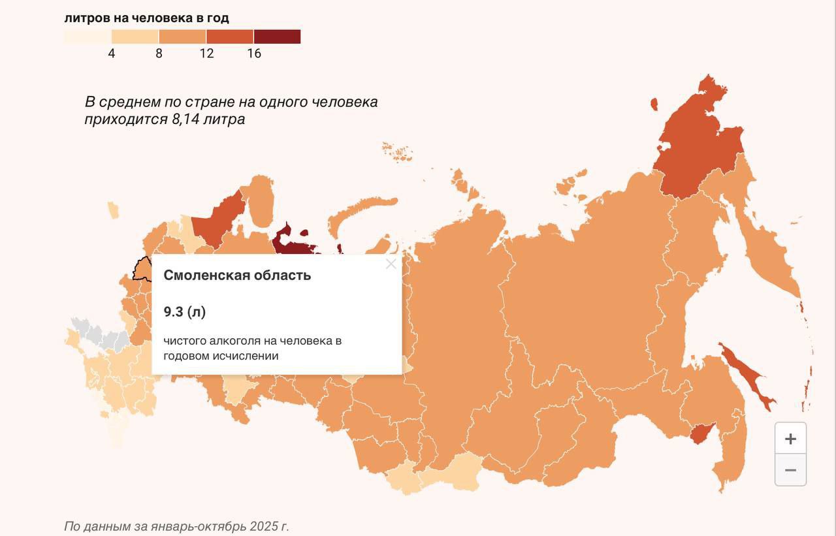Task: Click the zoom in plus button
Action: coord(790,439)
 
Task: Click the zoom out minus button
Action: coord(790,470)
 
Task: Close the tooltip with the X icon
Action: coord(391,264)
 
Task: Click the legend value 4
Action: coord(112,54)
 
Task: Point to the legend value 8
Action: coord(159,54)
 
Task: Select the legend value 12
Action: coord(206,54)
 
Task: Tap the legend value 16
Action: coord(254,54)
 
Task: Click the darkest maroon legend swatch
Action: coord(277,37)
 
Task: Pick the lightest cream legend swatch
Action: coord(88,37)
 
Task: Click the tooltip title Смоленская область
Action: coord(237,276)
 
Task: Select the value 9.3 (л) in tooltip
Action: coord(185,312)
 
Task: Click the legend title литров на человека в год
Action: coord(146,18)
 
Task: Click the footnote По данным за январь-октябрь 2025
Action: coord(176,526)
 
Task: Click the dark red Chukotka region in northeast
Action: coord(699,150)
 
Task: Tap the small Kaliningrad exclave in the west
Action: coord(113,210)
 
